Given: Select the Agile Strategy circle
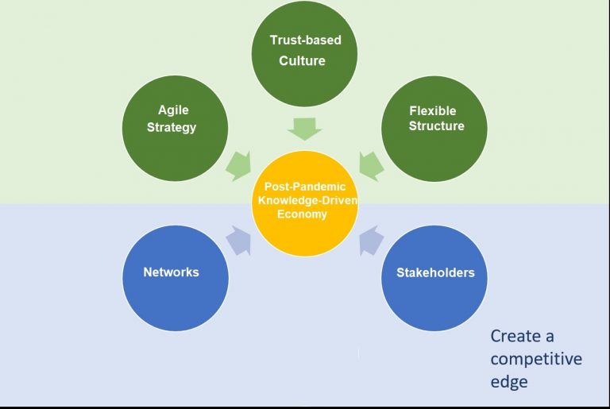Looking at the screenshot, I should coord(175,127).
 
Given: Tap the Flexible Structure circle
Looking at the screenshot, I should coord(434,127).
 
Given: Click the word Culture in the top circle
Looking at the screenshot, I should coord(302,61).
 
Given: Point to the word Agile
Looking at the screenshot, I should coord(173,110).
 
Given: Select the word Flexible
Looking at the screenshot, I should coord(433,110).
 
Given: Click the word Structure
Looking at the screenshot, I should coord(436,126).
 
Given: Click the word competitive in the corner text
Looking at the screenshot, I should coord(536,359).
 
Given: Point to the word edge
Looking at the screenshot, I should coord(508,382).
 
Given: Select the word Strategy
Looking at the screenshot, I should coord(172,127).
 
